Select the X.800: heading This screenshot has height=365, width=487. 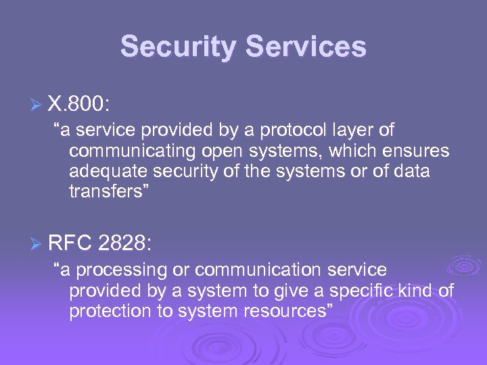(80, 105)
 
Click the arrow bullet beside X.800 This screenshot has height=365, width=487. (38, 105)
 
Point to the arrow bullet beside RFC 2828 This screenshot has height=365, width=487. (38, 243)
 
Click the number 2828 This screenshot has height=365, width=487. (126, 243)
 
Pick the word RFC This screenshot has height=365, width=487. (70, 243)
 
